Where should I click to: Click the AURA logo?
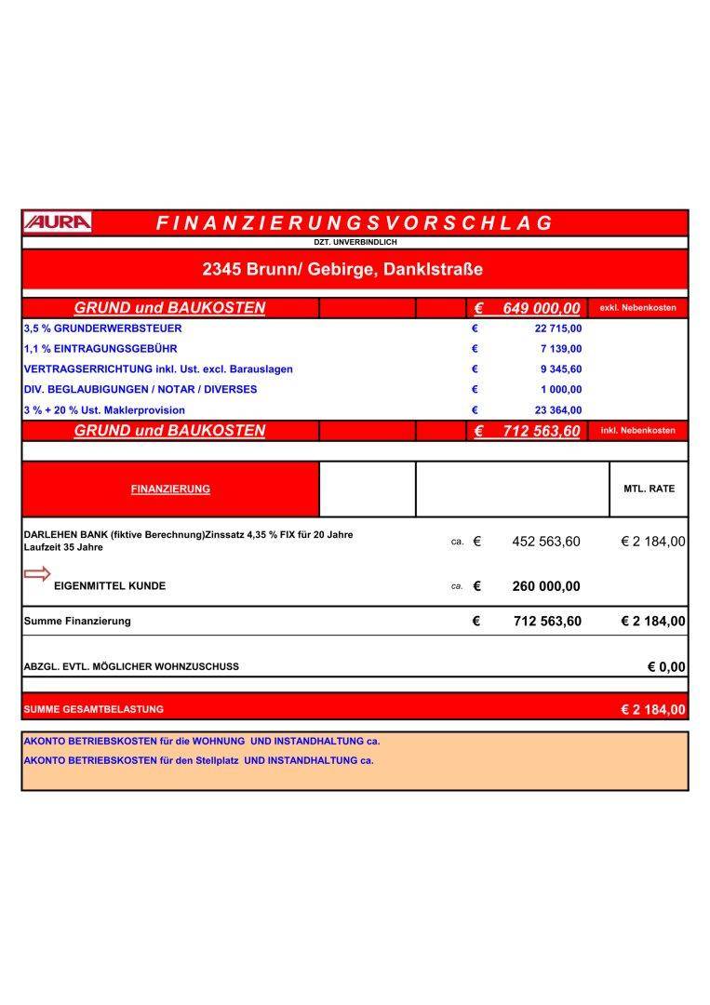(x=58, y=222)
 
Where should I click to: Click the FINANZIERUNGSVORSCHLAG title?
(x=355, y=223)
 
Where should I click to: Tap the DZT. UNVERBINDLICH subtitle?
(x=355, y=242)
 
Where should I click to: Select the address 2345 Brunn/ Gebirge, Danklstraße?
(x=342, y=270)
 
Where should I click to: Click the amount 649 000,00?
(x=541, y=308)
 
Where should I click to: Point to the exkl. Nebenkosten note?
(x=638, y=308)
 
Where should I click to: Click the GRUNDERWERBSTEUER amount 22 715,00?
(x=558, y=328)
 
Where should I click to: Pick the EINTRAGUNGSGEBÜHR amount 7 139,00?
(x=561, y=349)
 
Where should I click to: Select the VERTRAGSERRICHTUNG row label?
(x=158, y=369)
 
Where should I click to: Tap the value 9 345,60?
(x=561, y=369)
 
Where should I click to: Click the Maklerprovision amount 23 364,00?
(x=558, y=410)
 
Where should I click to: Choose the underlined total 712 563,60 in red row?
(x=541, y=431)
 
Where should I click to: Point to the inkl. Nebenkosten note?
(x=638, y=431)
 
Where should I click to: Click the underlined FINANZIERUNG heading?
(x=170, y=489)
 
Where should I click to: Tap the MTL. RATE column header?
(x=649, y=489)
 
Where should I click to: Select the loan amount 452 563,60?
(x=546, y=542)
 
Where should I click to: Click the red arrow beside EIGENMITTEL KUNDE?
(x=37, y=574)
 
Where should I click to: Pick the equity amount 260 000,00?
(x=546, y=586)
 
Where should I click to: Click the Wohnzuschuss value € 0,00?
(x=666, y=666)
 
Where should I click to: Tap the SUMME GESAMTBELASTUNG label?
(x=93, y=709)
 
